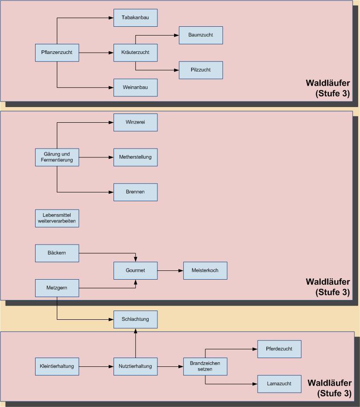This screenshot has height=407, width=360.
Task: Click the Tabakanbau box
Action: [135, 18]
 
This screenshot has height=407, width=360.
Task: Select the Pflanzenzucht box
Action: [57, 53]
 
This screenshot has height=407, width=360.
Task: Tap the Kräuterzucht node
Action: [135, 53]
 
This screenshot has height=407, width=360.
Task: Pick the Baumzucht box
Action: [201, 35]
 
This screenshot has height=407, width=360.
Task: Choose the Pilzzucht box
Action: [201, 70]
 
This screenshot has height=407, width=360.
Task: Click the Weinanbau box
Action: [135, 88]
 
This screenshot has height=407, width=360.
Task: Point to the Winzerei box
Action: [135, 122]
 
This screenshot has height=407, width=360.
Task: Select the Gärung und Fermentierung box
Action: [57, 157]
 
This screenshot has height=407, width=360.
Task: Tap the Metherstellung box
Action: [135, 157]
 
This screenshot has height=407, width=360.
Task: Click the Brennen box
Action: [135, 192]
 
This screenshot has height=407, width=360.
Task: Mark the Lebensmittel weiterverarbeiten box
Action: [57, 218]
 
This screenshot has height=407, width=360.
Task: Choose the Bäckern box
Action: [57, 253]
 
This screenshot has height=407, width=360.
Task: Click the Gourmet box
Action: [135, 270]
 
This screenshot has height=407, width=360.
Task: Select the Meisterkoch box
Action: [205, 270]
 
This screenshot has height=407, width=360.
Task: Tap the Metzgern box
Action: [57, 288]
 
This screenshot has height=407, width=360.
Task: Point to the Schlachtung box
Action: [135, 319]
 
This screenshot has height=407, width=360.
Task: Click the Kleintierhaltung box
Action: [57, 366]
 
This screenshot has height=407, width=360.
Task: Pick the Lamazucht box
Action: [279, 383]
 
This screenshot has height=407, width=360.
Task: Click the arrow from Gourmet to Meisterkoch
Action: [170, 270]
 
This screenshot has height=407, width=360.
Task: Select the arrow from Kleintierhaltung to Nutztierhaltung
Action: [96, 366]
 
